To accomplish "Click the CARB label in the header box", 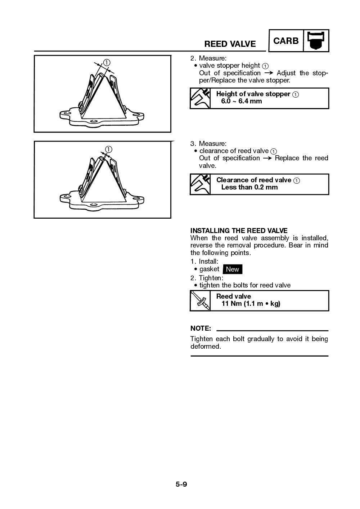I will tap(286, 41).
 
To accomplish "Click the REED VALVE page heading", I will tap(230, 44).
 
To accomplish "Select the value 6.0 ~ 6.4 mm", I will tap(241, 101).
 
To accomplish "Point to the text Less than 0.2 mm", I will tap(249, 187).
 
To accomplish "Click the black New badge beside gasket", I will tap(232, 269).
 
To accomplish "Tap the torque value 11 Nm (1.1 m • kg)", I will tap(251, 304).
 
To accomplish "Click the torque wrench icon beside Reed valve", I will tap(200, 300).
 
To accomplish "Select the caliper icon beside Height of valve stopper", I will tap(200, 98).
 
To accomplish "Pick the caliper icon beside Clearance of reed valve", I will tap(200, 184).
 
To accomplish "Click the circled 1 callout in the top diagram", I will tap(107, 62).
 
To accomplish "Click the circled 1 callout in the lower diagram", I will tap(108, 149).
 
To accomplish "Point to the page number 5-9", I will tap(181, 484).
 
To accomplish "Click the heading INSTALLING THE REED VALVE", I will tap(239, 231).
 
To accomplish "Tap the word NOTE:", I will tap(201, 328).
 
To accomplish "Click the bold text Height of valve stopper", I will tap(253, 94).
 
